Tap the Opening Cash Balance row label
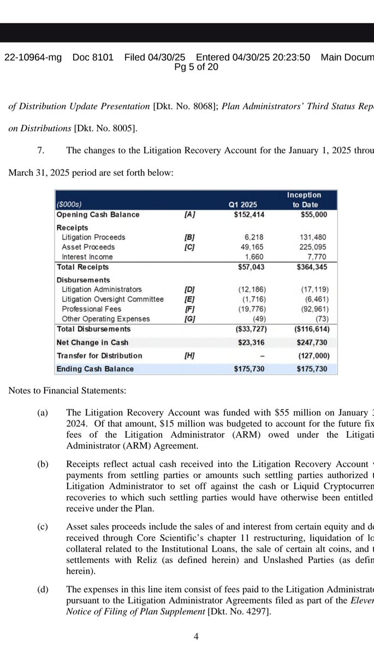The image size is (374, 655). click(x=98, y=215)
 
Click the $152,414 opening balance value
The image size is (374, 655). click(x=249, y=215)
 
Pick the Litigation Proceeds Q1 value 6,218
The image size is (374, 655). click(x=254, y=237)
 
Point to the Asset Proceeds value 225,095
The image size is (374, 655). click(x=314, y=247)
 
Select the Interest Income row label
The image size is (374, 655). click(x=87, y=257)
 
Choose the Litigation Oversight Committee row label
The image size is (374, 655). click(x=112, y=299)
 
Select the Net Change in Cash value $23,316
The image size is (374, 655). click(x=251, y=342)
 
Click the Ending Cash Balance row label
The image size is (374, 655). click(x=95, y=369)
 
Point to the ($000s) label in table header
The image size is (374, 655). click(x=69, y=205)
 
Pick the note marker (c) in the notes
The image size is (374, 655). click(x=43, y=527)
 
